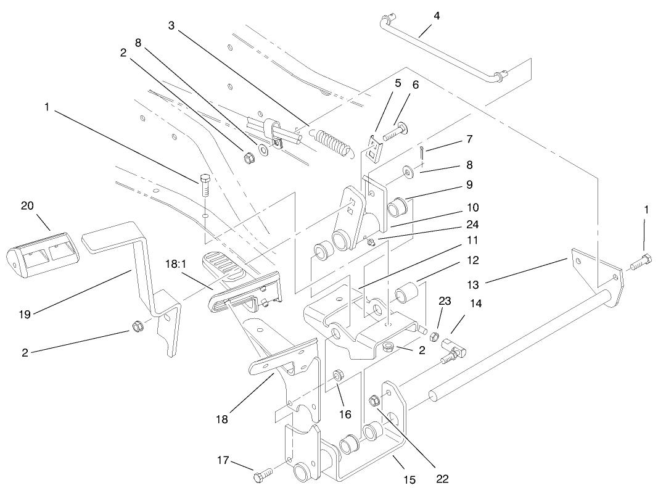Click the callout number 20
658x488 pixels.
pyautogui.click(x=27, y=206)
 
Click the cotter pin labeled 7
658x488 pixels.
pyautogui.click(x=420, y=151)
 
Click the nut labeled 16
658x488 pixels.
pyautogui.click(x=338, y=375)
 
